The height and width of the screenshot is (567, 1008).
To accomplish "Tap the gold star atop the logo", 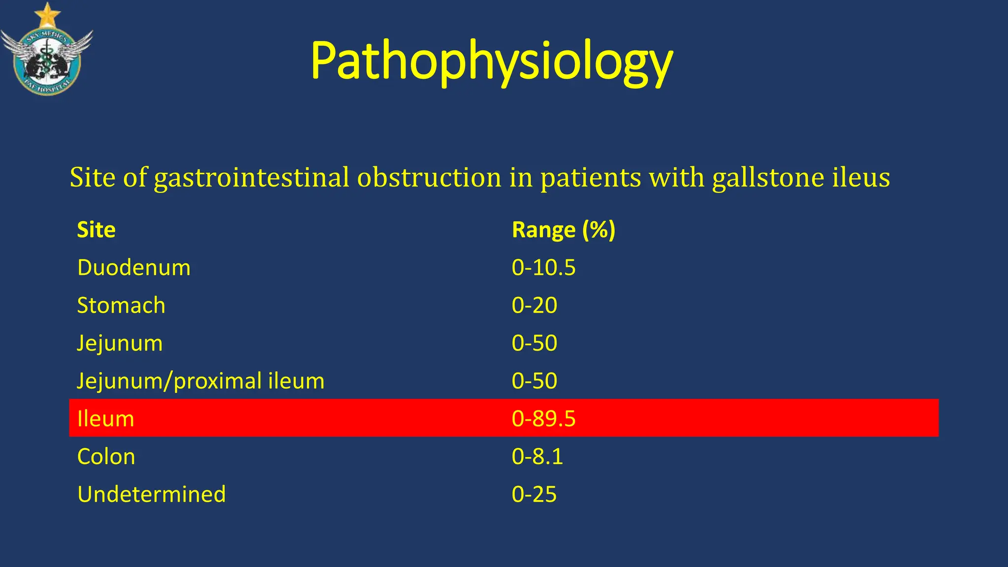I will point(47,15).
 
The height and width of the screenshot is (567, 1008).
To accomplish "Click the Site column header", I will point(96,230).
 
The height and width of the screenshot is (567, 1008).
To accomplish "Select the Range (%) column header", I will point(563,230).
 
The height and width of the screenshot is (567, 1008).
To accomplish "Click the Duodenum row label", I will point(133,268).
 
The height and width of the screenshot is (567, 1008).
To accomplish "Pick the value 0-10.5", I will point(543,268).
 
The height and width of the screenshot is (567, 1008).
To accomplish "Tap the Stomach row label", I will point(121,306).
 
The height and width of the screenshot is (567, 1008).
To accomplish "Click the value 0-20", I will point(534,306).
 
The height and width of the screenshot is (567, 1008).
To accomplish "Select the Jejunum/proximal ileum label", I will point(200,381).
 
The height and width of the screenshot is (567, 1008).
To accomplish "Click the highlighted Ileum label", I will point(105,419).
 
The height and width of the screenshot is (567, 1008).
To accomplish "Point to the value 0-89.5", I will point(543,419).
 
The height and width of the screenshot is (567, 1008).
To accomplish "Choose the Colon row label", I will point(106,457).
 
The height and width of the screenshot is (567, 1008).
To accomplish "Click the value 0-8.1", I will point(537,457).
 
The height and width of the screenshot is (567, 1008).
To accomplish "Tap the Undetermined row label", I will point(151,494).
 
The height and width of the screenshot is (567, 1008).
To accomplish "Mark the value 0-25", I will point(534,494).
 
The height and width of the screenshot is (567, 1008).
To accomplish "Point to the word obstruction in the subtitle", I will point(429,178).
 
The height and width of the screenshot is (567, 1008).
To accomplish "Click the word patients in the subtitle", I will point(591,178).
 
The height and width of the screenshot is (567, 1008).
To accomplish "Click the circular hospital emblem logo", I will point(47,62).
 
